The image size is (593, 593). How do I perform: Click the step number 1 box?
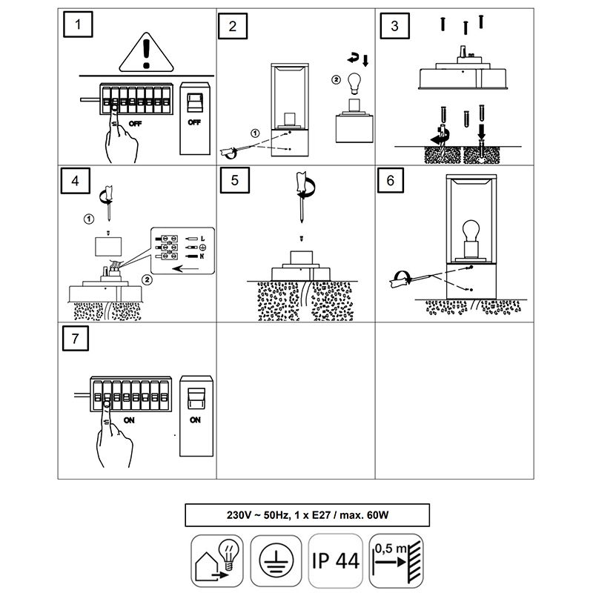79,27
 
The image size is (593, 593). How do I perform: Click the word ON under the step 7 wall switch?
195,420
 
